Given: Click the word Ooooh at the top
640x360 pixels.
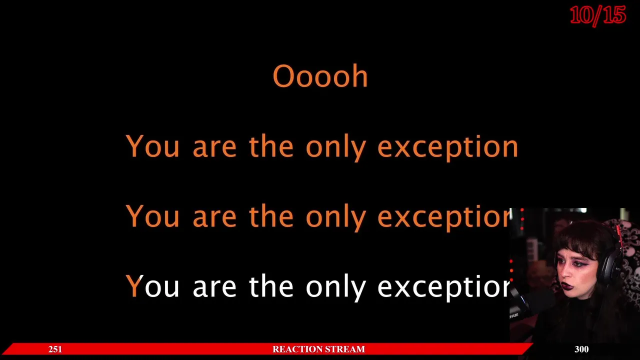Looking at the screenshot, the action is coord(320,76).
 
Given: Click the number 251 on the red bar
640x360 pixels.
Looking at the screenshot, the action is coord(55,349).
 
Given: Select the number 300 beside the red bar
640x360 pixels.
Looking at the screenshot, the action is coord(581,349).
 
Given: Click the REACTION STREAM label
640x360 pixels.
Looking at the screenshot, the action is coord(318,349).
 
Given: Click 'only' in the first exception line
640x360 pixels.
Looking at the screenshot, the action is coord(336,147).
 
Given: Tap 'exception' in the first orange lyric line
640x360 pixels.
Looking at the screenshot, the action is coord(447,147).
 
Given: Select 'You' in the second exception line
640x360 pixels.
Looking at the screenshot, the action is coord(152,216).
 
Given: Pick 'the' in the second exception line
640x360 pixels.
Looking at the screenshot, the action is coord(271,216).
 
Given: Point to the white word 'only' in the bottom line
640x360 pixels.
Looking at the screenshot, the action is coord(336,287).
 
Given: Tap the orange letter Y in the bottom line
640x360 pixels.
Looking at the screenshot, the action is coord(134,285).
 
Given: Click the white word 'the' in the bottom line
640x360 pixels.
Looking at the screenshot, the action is coord(271,285).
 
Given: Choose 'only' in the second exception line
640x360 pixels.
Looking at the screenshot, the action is coord(336,217).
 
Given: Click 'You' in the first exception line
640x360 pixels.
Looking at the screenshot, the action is coord(152,147).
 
